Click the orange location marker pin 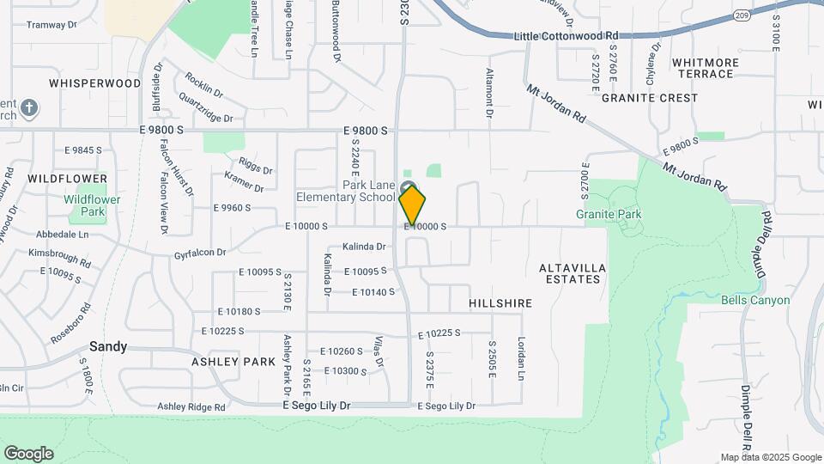coord(413,205)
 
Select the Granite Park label coord(609,214)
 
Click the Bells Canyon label coord(755,300)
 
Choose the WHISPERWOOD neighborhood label coord(94,83)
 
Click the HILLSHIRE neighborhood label coord(500,303)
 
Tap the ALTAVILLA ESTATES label coord(573,273)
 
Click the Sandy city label coord(109,347)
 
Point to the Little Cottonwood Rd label coord(566,36)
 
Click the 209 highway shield coord(743,15)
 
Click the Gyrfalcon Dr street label coord(198,253)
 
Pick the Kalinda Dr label coord(364,247)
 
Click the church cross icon coord(29,108)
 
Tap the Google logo coord(28,454)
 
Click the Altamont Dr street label coord(490,92)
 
